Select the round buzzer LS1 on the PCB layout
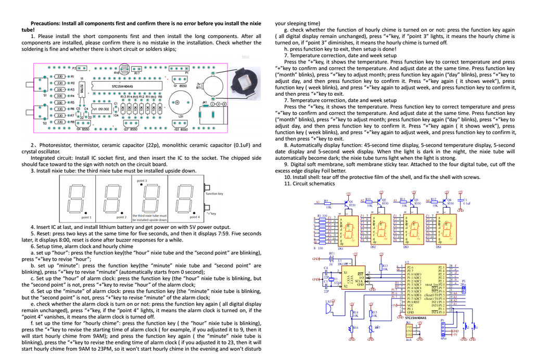tap(180, 104)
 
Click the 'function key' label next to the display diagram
tap(214, 194)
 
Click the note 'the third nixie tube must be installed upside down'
tap(149, 217)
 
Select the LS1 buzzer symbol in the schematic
tap(329, 307)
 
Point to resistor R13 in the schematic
tap(383, 268)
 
